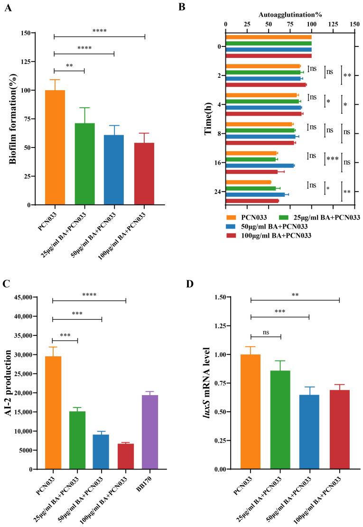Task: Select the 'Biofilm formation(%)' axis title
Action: coord(13,119)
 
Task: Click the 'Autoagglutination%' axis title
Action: coord(285,15)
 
